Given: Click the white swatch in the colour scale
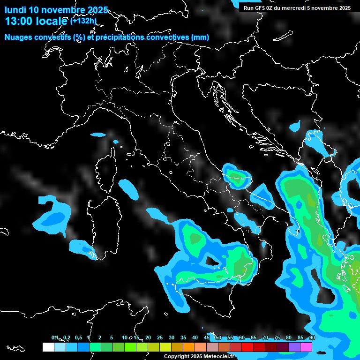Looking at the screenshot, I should click(48, 347).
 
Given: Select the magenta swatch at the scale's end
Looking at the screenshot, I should click(306, 347).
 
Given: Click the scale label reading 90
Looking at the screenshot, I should click(312, 337).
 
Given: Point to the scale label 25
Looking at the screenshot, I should click(160, 337).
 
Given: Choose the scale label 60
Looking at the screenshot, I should click(242, 337).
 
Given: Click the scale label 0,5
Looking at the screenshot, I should click(78, 337).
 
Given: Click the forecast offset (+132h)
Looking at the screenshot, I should click(83, 21).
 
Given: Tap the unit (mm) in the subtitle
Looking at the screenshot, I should click(200, 37).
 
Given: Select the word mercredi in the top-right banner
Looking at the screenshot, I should click(293, 7).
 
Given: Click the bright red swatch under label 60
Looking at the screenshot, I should click(247, 347).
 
